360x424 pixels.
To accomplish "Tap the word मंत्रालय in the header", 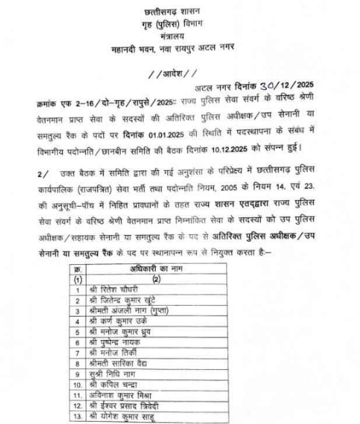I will tap(180, 36).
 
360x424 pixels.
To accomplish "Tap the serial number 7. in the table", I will tap(77, 353).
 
